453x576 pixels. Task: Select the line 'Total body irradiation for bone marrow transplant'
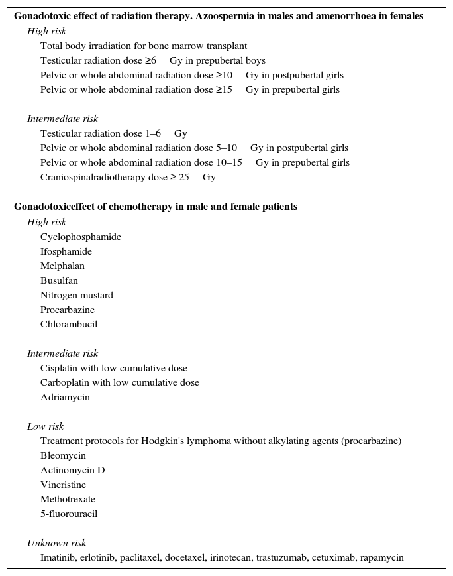(144, 46)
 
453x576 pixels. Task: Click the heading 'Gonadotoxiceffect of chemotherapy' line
(156, 207)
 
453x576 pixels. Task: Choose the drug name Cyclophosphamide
(81, 237)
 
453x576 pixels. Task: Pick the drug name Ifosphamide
(66, 252)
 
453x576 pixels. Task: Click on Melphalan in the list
(62, 266)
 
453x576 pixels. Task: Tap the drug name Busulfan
(59, 281)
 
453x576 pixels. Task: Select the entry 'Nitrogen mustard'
(77, 296)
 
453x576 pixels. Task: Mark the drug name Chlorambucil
(69, 325)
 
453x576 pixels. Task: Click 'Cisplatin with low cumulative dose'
(114, 369)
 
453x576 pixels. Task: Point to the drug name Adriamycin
(65, 398)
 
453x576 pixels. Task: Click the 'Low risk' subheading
(46, 427)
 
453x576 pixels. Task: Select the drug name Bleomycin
(63, 456)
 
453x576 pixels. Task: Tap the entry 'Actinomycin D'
(73, 471)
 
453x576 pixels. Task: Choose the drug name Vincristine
(63, 485)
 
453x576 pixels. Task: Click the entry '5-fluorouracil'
(69, 514)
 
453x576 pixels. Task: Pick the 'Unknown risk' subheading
(57, 544)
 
